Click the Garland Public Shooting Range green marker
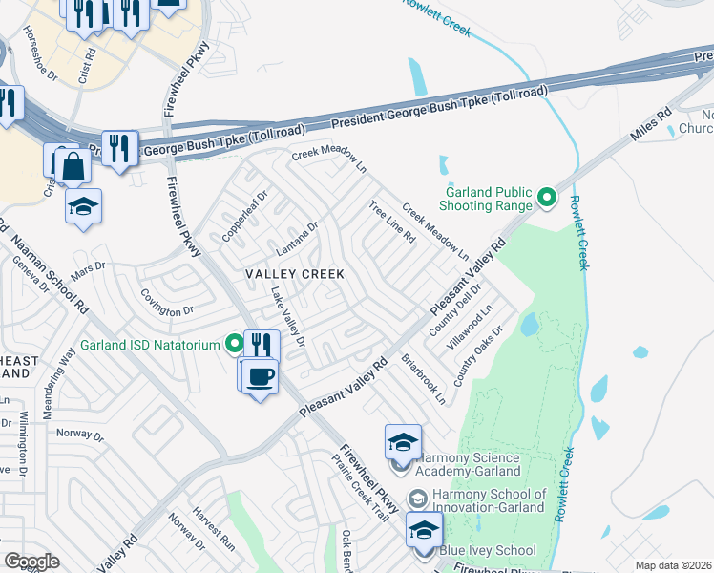click(x=546, y=198)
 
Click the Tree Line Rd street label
click(x=391, y=223)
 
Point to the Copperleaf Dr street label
click(x=246, y=219)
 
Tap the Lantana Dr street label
click(x=296, y=239)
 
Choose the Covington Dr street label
click(x=168, y=310)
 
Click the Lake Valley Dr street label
click(x=287, y=317)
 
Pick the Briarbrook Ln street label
click(x=424, y=382)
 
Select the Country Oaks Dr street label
click(x=478, y=356)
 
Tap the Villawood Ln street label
click(x=474, y=326)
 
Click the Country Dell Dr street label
click(x=445, y=314)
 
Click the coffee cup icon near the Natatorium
click(x=260, y=376)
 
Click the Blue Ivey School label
click(x=487, y=551)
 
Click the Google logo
click(x=31, y=562)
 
